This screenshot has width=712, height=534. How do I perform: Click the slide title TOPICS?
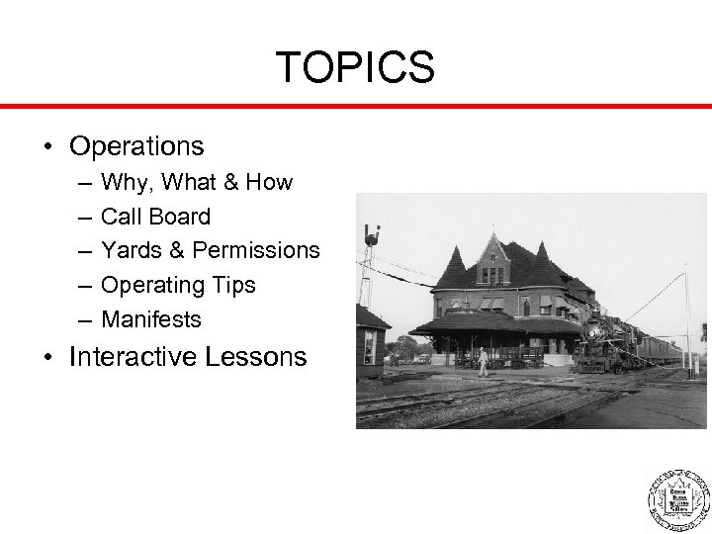(x=355, y=67)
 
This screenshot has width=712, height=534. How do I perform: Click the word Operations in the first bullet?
(x=136, y=146)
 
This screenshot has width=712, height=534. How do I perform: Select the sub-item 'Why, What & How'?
(x=197, y=182)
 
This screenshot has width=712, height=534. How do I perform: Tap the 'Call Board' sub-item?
(x=155, y=217)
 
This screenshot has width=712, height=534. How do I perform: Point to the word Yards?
(x=128, y=251)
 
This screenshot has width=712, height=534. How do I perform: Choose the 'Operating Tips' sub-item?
(x=178, y=285)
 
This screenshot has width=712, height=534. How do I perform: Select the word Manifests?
(x=151, y=319)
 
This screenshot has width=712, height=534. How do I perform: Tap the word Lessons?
(x=260, y=356)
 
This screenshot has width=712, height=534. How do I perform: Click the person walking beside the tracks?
(x=483, y=362)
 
